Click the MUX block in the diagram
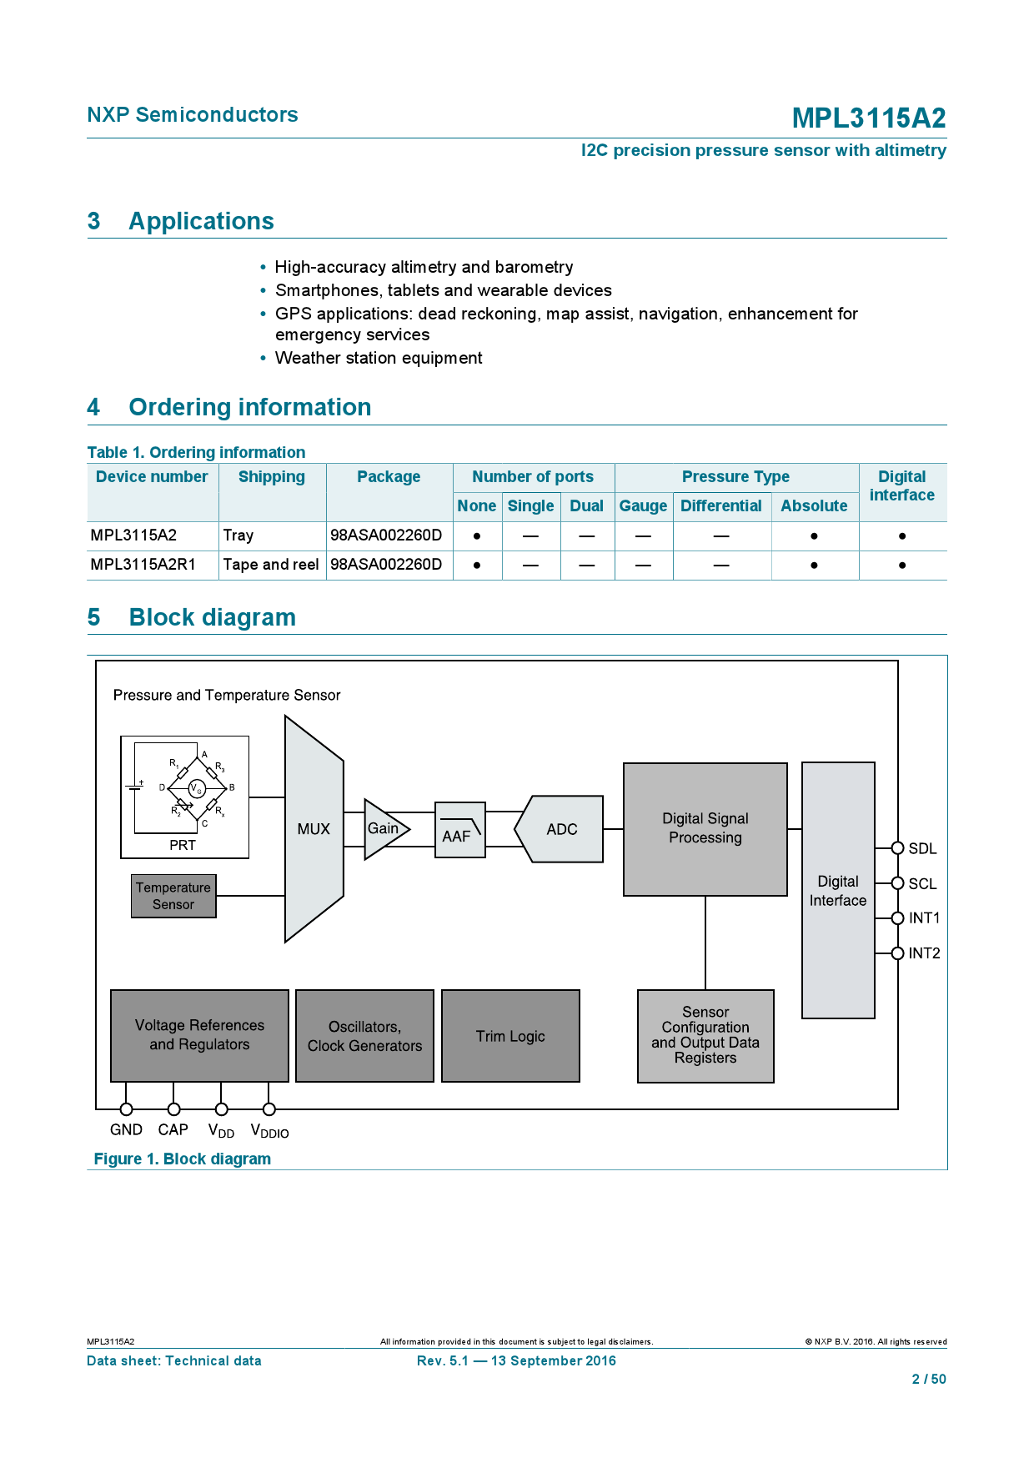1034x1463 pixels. tap(314, 829)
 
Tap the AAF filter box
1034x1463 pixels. tap(459, 830)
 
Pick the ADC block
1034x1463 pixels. tap(560, 829)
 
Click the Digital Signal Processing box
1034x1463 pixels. tap(705, 829)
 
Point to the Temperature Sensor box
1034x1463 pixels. tap(173, 896)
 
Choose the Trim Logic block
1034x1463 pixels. tap(510, 1036)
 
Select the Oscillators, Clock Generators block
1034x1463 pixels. tap(364, 1036)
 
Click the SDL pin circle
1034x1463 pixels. tap(898, 848)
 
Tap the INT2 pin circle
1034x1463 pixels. tap(898, 953)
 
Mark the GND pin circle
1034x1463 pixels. tap(126, 1109)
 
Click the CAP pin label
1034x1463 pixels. tap(173, 1130)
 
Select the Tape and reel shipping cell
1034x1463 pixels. tap(271, 565)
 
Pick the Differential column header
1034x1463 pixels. tap(721, 505)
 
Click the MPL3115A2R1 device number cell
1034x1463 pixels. tap(143, 565)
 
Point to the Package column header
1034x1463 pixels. tap(389, 476)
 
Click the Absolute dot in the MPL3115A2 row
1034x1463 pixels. tap(814, 536)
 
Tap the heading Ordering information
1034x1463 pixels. tap(250, 407)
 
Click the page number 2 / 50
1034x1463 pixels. tap(929, 1379)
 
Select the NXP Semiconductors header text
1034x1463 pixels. tap(193, 114)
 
